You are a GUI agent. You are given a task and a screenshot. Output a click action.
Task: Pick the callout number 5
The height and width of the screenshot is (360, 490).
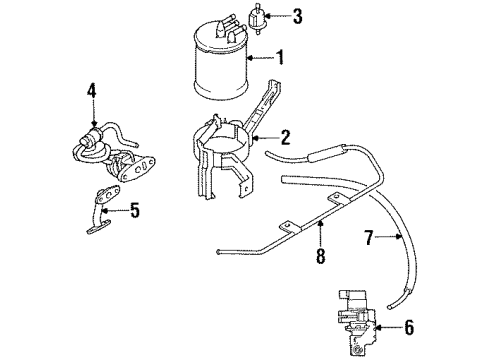(x=134, y=210)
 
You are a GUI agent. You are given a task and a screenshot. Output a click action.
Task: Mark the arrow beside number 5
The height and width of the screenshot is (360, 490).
(x=118, y=210)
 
